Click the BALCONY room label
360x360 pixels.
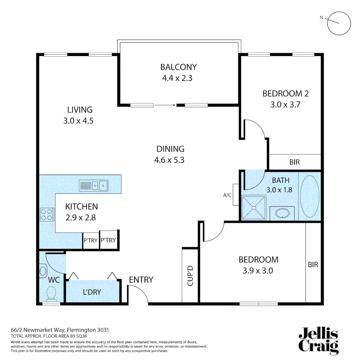point(178,67)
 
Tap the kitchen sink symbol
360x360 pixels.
point(93,186)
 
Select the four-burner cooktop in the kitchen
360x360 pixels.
point(47,214)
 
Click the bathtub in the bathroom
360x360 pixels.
point(309,197)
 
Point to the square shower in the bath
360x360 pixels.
point(254,208)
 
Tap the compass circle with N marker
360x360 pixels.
point(339,23)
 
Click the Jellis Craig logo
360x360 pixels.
point(318,341)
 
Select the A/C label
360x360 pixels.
point(227,195)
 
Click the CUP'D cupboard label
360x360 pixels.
point(190,276)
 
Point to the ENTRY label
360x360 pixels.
point(141,280)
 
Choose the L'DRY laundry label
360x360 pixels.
point(92,292)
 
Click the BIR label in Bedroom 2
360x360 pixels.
point(295,162)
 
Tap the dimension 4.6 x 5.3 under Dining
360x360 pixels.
point(169,160)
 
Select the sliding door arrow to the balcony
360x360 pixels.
point(165,105)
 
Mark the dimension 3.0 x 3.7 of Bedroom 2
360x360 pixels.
point(285,105)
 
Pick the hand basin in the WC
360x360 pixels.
point(43,271)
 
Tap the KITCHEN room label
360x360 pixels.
point(82,207)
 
